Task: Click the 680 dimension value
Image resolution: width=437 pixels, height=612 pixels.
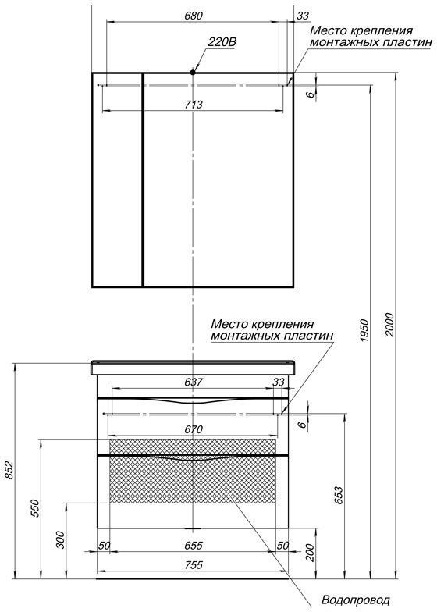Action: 194,16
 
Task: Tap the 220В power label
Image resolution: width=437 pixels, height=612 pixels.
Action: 222,42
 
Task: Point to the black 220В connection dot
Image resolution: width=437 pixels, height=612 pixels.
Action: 192,72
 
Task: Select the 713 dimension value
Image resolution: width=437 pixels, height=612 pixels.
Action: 194,105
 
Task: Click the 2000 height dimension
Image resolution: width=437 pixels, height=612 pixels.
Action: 390,324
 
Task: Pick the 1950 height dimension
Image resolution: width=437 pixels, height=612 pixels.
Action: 364,331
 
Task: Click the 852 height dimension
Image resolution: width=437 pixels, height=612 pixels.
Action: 9,470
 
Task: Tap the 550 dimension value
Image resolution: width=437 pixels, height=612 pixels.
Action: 35,508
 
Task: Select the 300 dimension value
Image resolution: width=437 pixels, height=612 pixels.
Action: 61,539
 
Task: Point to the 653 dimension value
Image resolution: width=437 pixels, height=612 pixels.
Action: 339,495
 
